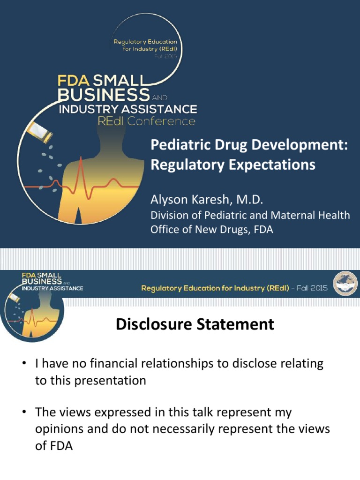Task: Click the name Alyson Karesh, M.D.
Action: pos(207,200)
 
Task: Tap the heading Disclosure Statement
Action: pos(195,324)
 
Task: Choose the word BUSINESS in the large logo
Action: pos(103,95)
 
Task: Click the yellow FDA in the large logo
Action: pos(71,80)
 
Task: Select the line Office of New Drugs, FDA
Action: pos(211,230)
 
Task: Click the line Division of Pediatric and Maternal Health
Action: pos(250,215)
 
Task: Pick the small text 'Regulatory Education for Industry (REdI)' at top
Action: pos(145,45)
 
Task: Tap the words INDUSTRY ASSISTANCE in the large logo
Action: pos(127,109)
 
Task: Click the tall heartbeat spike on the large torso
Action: pos(81,173)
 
